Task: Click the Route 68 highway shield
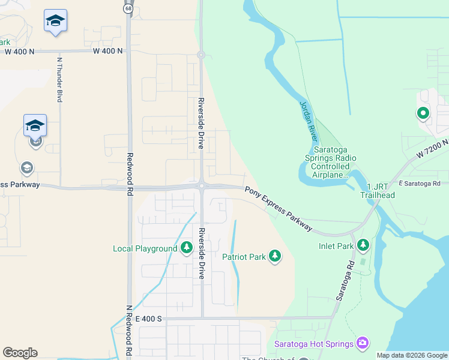[128, 8]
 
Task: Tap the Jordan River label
[308, 121]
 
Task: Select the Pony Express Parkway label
[279, 208]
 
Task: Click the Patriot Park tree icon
[275, 256]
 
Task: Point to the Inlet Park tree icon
[363, 245]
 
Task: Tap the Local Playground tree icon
[186, 248]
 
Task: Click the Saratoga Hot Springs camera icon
[362, 343]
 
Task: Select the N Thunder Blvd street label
[60, 80]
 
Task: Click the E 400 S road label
[149, 319]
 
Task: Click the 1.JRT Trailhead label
[377, 191]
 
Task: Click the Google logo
[20, 353]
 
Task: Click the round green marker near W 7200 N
[423, 113]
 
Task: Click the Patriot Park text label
[244, 257]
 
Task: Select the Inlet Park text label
[336, 246]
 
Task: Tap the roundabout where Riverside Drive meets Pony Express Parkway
[202, 186]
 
